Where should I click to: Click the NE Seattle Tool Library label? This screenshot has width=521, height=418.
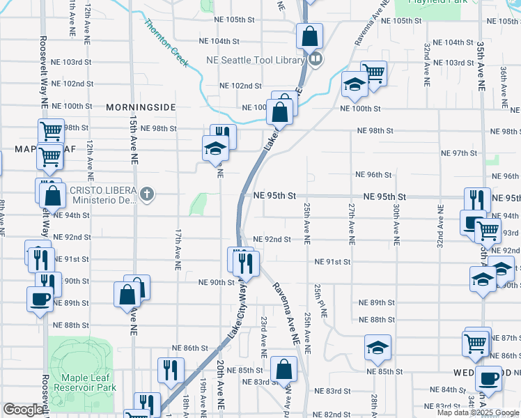tap(256, 60)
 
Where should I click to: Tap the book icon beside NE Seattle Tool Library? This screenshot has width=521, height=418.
tap(316, 60)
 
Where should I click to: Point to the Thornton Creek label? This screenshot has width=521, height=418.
tap(166, 44)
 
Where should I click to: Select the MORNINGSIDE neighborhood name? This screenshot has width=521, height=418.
tap(141, 107)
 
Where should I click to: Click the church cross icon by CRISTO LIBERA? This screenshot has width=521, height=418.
tap(146, 194)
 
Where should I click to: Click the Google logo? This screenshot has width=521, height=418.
tap(23, 410)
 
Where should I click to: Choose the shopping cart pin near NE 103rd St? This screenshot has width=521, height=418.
tap(373, 72)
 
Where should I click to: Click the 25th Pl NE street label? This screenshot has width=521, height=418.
tap(320, 300)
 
